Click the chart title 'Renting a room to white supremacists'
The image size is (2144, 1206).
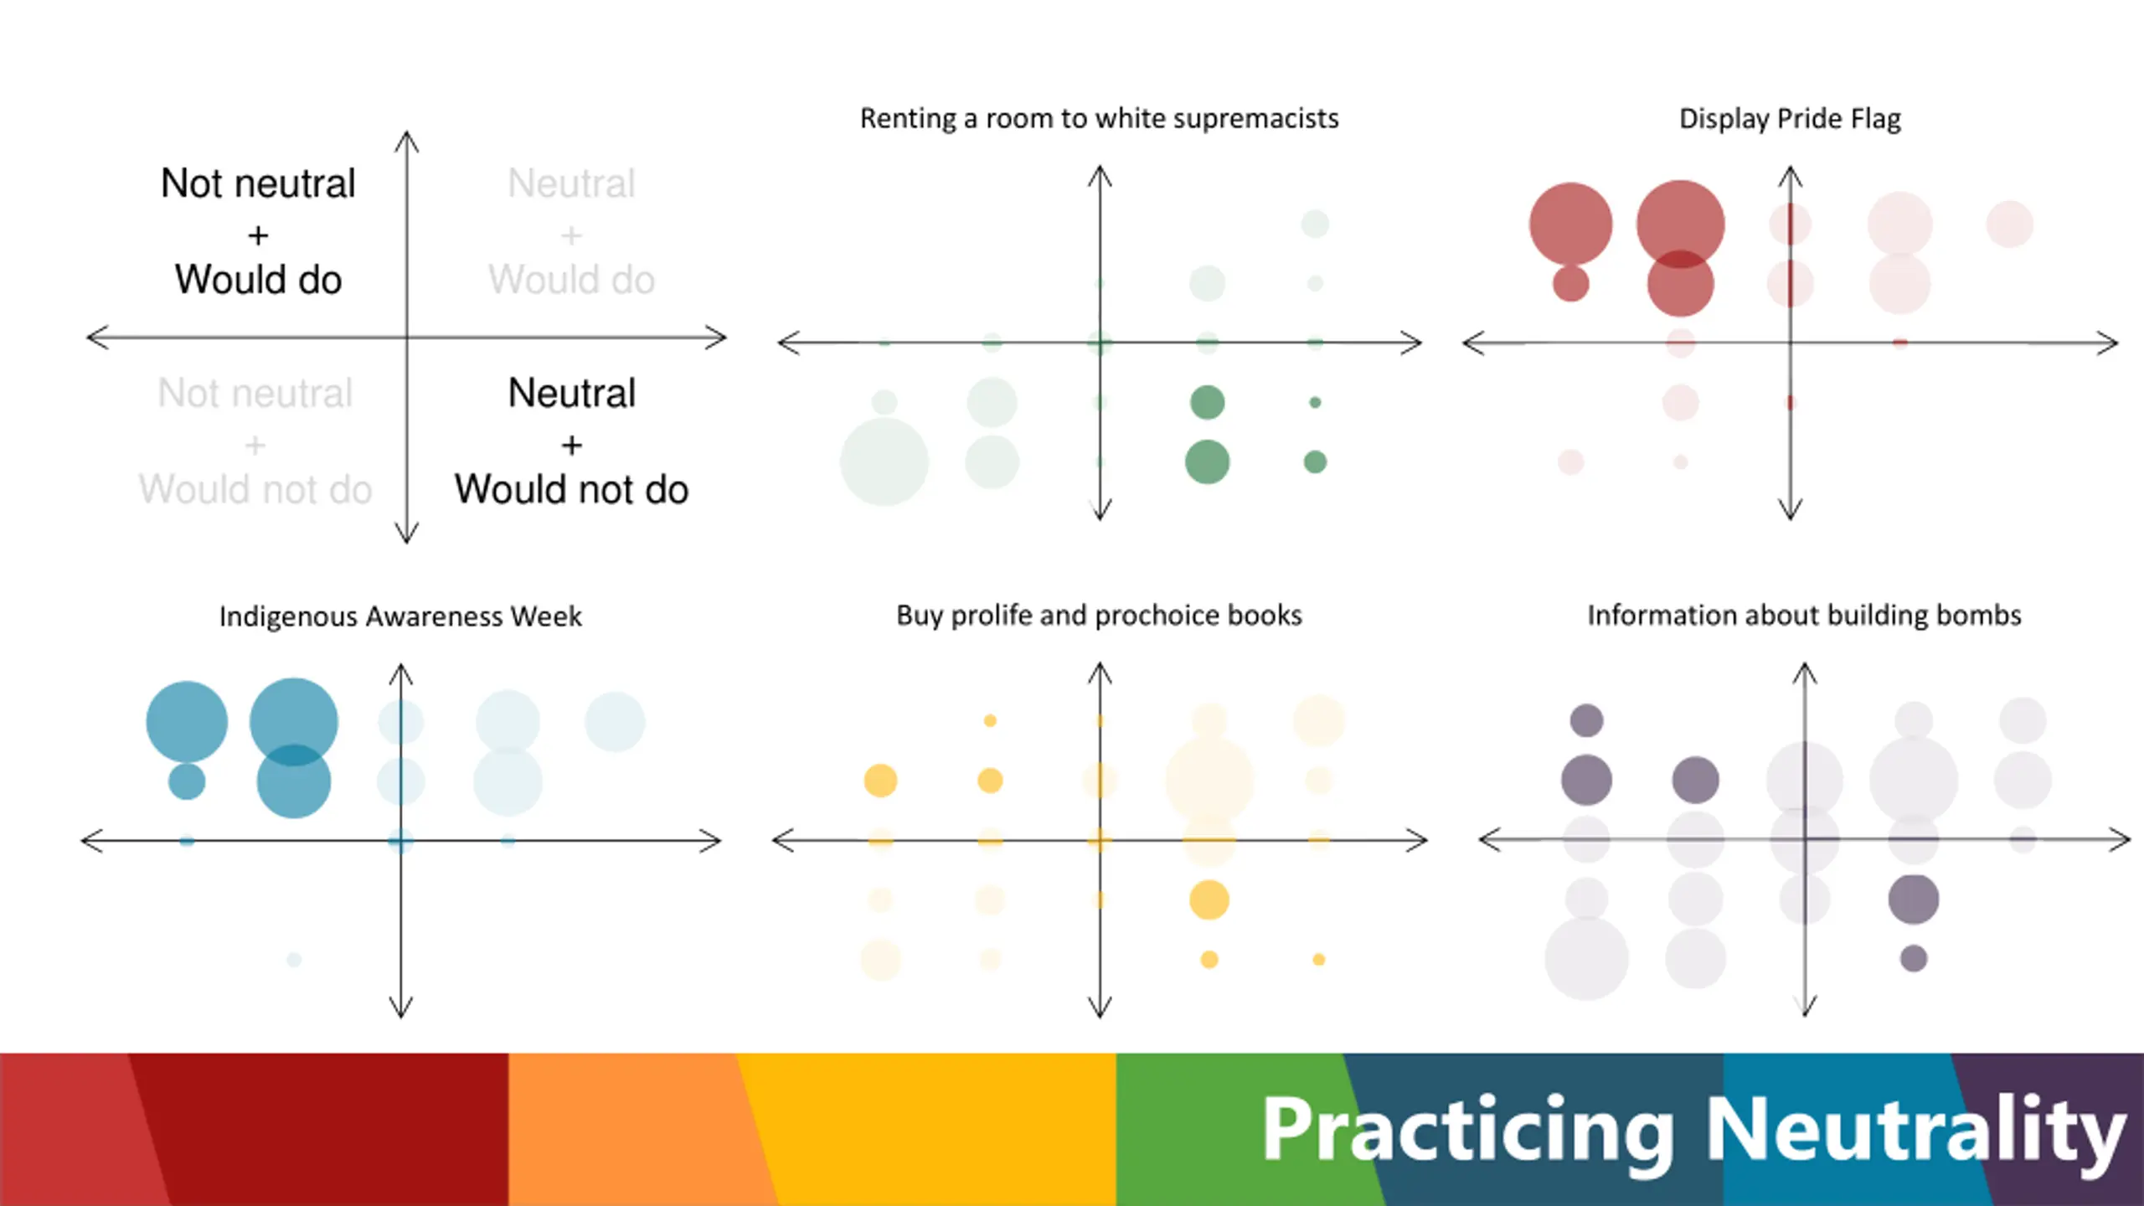point(1099,119)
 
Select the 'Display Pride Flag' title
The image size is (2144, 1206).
point(1790,119)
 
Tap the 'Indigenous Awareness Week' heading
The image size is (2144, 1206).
point(400,616)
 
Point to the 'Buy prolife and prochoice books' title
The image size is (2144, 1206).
point(1099,616)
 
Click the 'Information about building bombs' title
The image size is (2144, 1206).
point(1804,616)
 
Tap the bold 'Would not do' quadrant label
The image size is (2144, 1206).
point(572,490)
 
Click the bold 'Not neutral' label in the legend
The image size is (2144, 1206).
point(258,183)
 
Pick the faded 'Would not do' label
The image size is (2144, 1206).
point(255,490)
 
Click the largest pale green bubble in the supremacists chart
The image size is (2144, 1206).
point(884,461)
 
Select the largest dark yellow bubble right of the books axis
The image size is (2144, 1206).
point(1209,899)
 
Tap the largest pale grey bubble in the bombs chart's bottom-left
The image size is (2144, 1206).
point(1586,958)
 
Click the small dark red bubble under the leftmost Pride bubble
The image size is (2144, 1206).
point(1570,283)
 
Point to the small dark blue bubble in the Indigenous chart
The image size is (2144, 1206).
point(187,781)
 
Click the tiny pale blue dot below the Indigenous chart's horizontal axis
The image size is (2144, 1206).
point(293,959)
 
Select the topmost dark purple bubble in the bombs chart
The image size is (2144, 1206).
point(1586,720)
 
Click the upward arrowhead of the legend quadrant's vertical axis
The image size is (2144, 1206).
point(407,138)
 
